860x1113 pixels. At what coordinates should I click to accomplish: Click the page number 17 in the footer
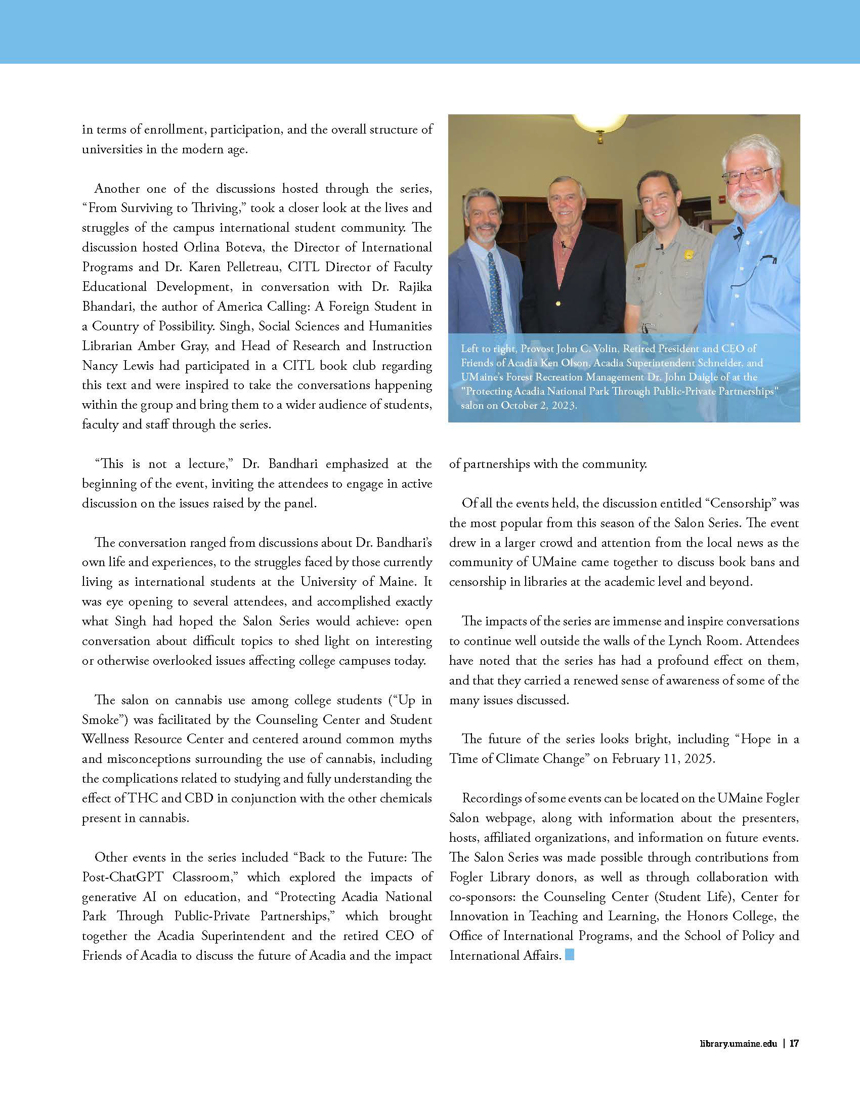794,1043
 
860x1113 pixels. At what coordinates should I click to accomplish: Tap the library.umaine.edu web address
738,1043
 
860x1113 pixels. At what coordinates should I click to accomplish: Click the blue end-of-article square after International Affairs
570,955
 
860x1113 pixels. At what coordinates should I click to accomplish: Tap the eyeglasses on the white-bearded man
748,177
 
